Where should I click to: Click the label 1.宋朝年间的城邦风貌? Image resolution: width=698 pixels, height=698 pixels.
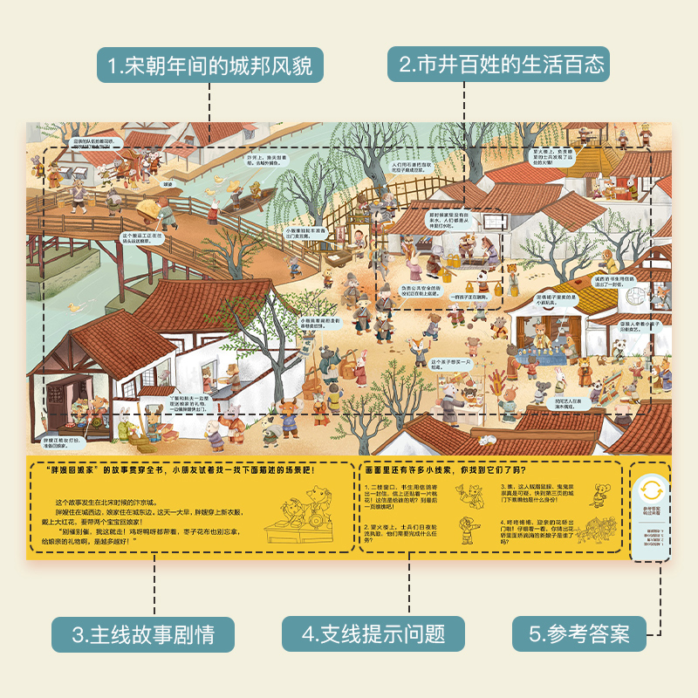coord(209,65)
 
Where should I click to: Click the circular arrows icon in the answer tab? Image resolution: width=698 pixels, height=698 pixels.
coord(651,489)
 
